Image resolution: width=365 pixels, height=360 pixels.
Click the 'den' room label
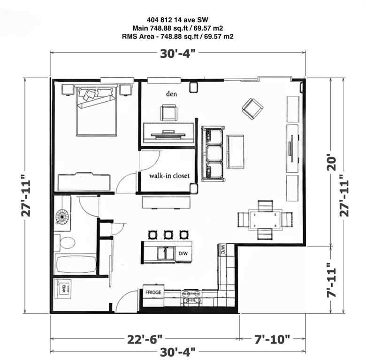171,93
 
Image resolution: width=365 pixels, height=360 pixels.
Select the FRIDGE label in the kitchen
153,292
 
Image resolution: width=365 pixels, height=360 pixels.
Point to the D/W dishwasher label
183,254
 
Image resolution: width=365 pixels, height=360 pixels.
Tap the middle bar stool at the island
168,234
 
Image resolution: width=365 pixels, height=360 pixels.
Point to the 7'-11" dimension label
333,280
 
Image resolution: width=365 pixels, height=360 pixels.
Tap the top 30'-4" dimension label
178,53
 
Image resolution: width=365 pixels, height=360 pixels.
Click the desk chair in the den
169,112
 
